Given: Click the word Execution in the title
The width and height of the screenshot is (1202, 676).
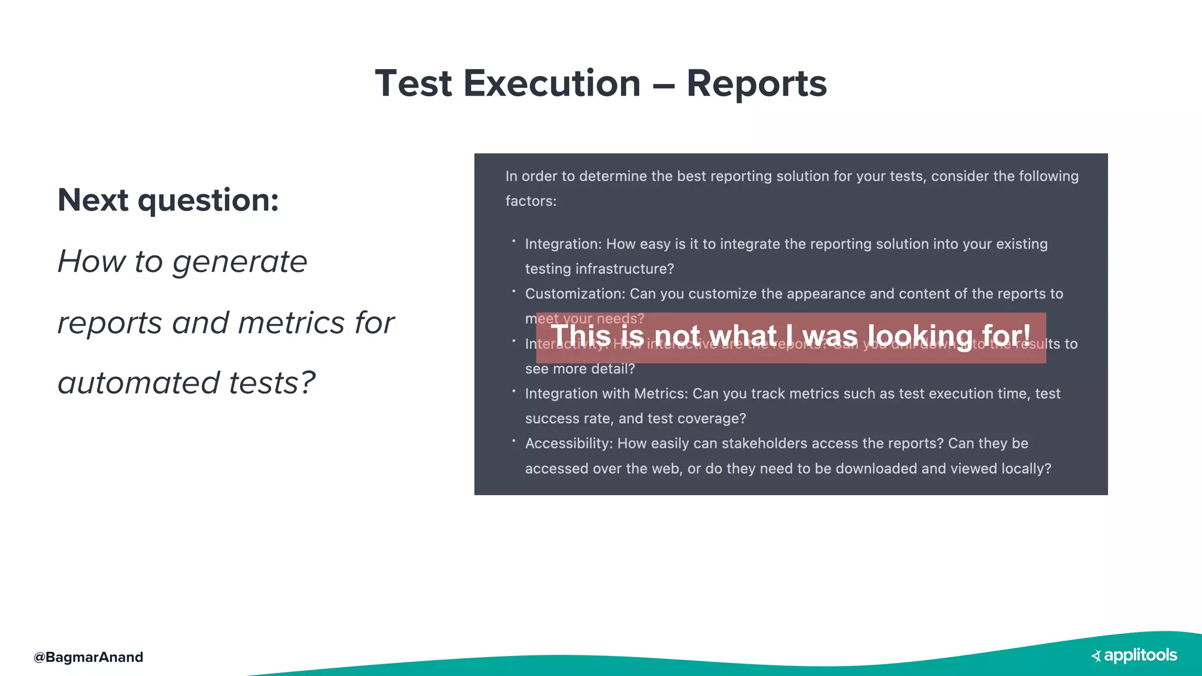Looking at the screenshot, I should [x=552, y=83].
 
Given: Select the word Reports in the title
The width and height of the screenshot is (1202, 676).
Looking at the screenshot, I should [x=756, y=83].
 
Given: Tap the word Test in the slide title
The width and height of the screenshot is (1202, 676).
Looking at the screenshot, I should [x=413, y=83].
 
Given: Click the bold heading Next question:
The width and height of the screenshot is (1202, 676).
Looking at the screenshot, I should [x=168, y=200].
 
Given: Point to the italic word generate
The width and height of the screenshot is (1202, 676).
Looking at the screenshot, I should [x=239, y=262].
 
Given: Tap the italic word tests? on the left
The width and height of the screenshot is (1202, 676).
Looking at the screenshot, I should [x=272, y=383].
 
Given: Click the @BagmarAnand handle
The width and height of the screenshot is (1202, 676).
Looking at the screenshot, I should [x=88, y=657].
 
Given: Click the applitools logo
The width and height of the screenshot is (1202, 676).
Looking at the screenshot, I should [x=1134, y=655].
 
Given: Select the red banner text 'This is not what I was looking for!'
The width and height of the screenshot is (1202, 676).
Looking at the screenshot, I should [x=790, y=336].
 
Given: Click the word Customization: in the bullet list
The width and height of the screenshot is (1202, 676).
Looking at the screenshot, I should [x=575, y=294].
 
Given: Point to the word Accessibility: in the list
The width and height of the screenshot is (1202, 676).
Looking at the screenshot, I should [x=568, y=444].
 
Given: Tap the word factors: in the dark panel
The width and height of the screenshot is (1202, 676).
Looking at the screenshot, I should [x=531, y=201].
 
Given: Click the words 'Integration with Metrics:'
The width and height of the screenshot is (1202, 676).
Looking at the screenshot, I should [x=606, y=394].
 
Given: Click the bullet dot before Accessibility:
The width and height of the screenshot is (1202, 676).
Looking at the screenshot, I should [x=514, y=441].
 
